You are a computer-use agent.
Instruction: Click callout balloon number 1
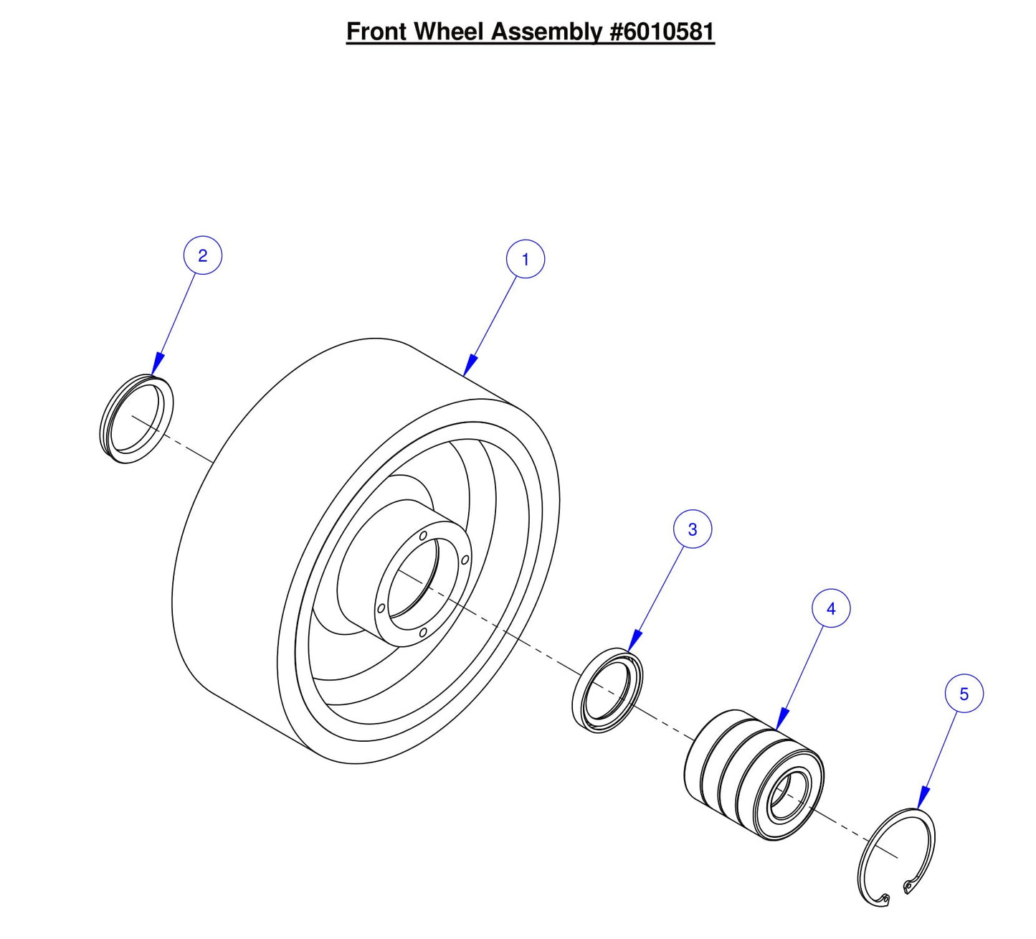525,259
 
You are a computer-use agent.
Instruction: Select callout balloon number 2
203,255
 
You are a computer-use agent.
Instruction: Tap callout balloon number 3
692,529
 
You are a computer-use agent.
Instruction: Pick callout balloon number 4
830,608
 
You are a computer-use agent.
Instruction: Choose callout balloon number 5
963,694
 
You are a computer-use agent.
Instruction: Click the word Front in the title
377,32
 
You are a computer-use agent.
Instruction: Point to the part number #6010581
661,32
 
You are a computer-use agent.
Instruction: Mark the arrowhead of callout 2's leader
157,365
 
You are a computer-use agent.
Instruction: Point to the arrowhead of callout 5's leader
922,798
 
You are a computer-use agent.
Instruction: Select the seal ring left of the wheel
136,419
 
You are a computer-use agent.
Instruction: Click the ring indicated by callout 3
608,689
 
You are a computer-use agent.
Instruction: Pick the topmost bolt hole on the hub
423,536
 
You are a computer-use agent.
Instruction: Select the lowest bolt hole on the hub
423,632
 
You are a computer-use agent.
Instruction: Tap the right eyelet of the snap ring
908,888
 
